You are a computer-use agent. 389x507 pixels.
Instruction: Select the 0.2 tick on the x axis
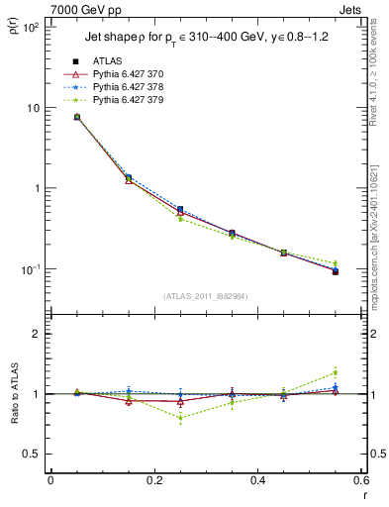pos(153,482)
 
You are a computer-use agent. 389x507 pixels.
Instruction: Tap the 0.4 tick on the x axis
pos(257,482)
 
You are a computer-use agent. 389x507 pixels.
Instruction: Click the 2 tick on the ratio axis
pos(36,334)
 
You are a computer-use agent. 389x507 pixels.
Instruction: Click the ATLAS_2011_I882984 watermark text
pos(205,296)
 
